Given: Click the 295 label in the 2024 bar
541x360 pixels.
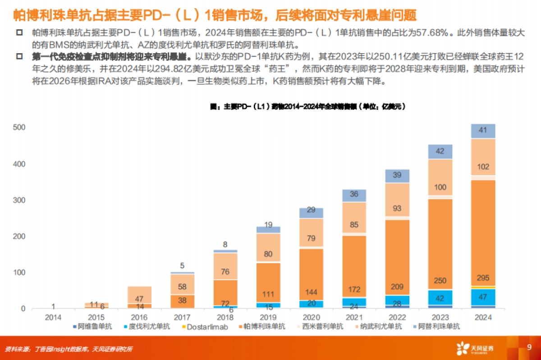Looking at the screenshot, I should (x=482, y=278).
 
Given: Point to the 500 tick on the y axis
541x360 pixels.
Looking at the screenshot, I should (x=19, y=128).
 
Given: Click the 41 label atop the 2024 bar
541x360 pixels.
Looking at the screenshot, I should (x=482, y=131).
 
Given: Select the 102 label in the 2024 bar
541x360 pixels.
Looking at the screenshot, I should (x=482, y=167).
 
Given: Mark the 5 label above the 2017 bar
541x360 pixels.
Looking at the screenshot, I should (x=182, y=266).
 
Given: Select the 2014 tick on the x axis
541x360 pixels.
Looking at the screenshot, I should (x=54, y=317).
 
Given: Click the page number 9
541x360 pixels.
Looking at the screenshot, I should (x=529, y=347).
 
